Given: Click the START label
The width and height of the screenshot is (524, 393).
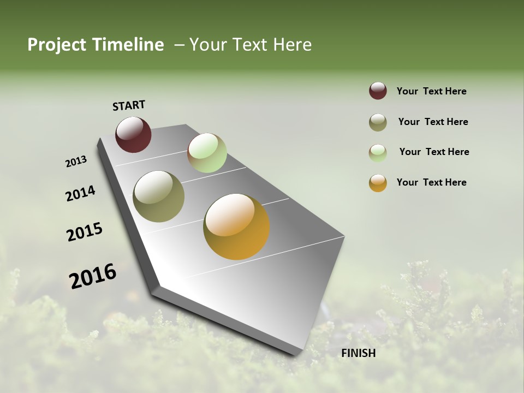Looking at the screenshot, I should click(x=129, y=105).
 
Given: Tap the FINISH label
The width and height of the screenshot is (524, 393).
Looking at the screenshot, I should click(x=359, y=353).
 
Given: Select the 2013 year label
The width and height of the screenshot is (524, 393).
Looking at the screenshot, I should click(x=76, y=162).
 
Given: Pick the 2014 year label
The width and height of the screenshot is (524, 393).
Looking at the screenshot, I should click(x=80, y=193).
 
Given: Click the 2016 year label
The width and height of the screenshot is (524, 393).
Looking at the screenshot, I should click(x=93, y=276).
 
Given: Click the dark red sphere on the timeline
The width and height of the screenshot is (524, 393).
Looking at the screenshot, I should click(x=133, y=134).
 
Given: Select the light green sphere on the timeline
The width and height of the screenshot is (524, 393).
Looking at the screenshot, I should click(x=207, y=153).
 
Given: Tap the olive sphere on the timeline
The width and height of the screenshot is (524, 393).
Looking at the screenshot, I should click(x=158, y=196).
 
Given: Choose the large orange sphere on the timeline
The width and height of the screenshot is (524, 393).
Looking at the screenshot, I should click(x=236, y=227).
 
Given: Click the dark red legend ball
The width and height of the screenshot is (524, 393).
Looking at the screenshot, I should click(x=378, y=91).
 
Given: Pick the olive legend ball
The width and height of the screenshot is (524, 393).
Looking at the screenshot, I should click(x=378, y=122).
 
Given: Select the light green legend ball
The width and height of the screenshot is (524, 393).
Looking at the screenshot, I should click(x=378, y=153).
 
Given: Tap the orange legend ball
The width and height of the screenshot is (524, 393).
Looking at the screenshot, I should click(x=378, y=183).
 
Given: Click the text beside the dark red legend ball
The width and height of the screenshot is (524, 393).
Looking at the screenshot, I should click(x=431, y=91).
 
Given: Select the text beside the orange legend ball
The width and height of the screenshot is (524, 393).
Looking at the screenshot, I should click(x=431, y=182).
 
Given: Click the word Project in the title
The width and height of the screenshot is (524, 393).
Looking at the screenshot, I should click(x=56, y=45).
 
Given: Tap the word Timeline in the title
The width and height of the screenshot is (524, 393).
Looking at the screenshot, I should click(x=128, y=45).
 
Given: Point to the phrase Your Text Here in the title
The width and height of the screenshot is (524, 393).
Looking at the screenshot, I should click(x=251, y=45).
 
